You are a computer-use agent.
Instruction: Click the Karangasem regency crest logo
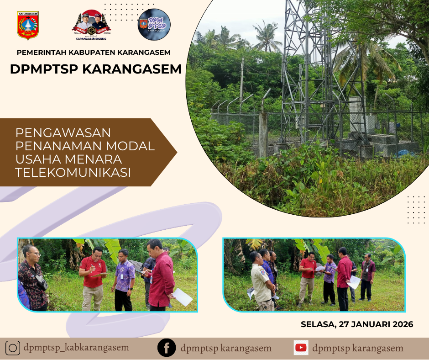tap(28, 26)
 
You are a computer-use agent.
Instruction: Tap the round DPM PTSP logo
tap(154, 25)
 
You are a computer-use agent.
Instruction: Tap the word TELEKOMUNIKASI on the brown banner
tap(73, 173)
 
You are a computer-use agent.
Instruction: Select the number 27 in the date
tap(342, 324)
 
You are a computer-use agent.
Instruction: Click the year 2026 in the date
tap(402, 324)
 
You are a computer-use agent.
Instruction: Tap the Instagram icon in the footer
tap(12, 348)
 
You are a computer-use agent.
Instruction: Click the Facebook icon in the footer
tap(167, 348)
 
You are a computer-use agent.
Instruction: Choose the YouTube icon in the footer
tap(301, 348)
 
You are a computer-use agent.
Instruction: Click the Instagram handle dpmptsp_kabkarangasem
tap(76, 348)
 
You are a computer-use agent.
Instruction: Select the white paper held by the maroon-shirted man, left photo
tap(182, 297)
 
